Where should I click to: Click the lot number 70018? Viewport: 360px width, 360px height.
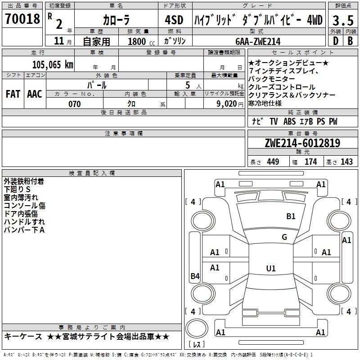pyautogui.click(x=22, y=19)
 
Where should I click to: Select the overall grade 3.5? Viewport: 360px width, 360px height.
pyautogui.click(x=343, y=20)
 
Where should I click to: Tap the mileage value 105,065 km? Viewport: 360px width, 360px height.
pyautogui.click(x=53, y=65)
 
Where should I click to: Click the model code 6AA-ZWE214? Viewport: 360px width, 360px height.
pyautogui.click(x=258, y=41)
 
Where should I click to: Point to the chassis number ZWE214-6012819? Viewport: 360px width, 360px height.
pyautogui.click(x=302, y=143)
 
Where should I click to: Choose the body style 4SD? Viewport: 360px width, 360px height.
pyautogui.click(x=174, y=20)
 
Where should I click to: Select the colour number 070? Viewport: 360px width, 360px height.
pyautogui.click(x=75, y=104)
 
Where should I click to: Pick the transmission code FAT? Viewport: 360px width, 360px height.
pyautogui.click(x=13, y=94)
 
